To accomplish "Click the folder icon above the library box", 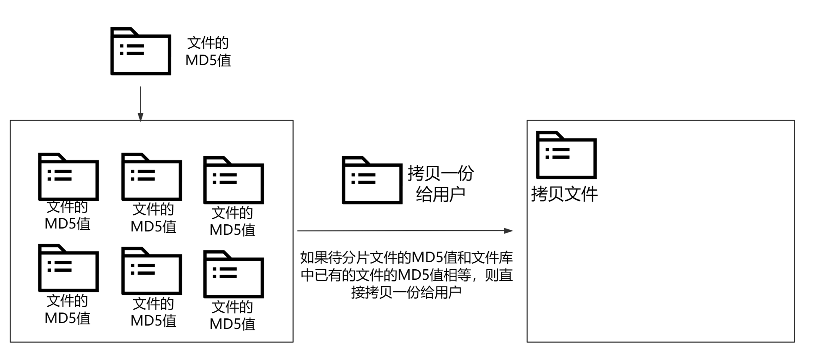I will click(x=140, y=52).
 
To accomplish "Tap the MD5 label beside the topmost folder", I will click(x=208, y=52).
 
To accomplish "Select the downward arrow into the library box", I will click(x=140, y=104).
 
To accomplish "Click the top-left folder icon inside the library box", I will click(x=68, y=177).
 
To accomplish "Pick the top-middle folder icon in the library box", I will click(x=151, y=177).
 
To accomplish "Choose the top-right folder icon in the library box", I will click(x=233, y=180).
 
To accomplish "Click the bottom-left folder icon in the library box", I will click(x=68, y=268).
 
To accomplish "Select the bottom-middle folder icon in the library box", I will click(x=151, y=271).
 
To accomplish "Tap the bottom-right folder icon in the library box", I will click(x=233, y=274).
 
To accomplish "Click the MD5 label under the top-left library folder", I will click(x=67, y=215).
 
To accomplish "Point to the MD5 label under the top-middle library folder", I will click(x=153, y=218).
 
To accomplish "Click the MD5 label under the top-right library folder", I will click(x=232, y=221).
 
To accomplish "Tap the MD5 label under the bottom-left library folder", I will click(x=67, y=310).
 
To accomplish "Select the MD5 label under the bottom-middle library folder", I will click(x=153, y=312).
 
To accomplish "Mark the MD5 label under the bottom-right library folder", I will click(x=232, y=315).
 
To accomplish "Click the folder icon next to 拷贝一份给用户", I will click(x=372, y=180).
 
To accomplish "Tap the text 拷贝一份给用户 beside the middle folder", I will click(x=440, y=184).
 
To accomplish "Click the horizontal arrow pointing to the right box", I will click(x=405, y=231).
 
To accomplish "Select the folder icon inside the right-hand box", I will click(x=566, y=155).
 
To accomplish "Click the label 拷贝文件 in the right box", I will click(x=564, y=194).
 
